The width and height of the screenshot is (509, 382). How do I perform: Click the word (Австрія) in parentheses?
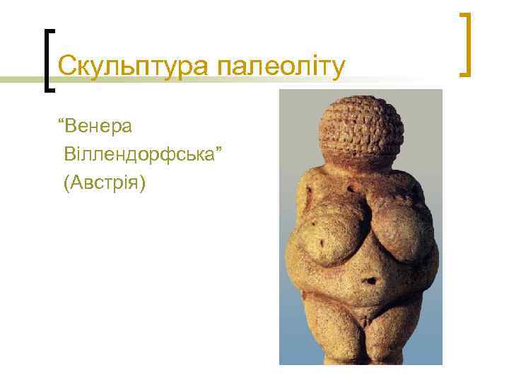pyautogui.click(x=103, y=183)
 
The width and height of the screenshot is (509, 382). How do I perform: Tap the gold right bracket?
pyautogui.click(x=466, y=44)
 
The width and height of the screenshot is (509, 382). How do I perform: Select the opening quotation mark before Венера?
pyautogui.click(x=64, y=123)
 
